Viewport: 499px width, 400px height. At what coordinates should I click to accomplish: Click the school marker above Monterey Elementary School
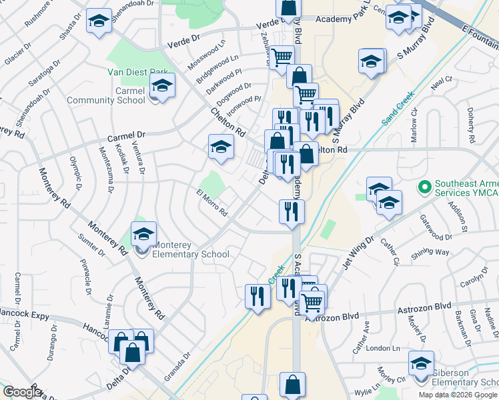143,235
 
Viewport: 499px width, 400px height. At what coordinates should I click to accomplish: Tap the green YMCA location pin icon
422,184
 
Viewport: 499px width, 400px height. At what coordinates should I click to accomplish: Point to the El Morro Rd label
212,203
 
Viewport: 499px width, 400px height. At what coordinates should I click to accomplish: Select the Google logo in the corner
22,392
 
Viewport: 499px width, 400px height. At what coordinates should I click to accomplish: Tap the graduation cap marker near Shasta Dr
99,22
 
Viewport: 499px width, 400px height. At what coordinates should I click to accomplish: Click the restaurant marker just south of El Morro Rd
292,212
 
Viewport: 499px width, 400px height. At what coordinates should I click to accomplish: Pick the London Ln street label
382,349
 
